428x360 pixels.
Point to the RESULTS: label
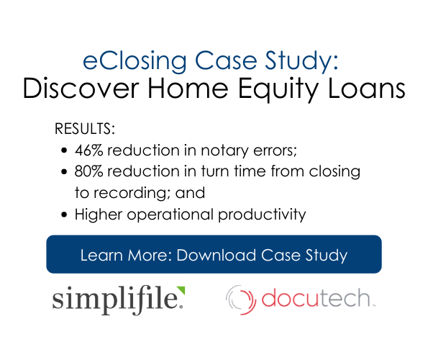(85, 130)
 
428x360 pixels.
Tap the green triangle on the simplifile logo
(181, 292)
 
